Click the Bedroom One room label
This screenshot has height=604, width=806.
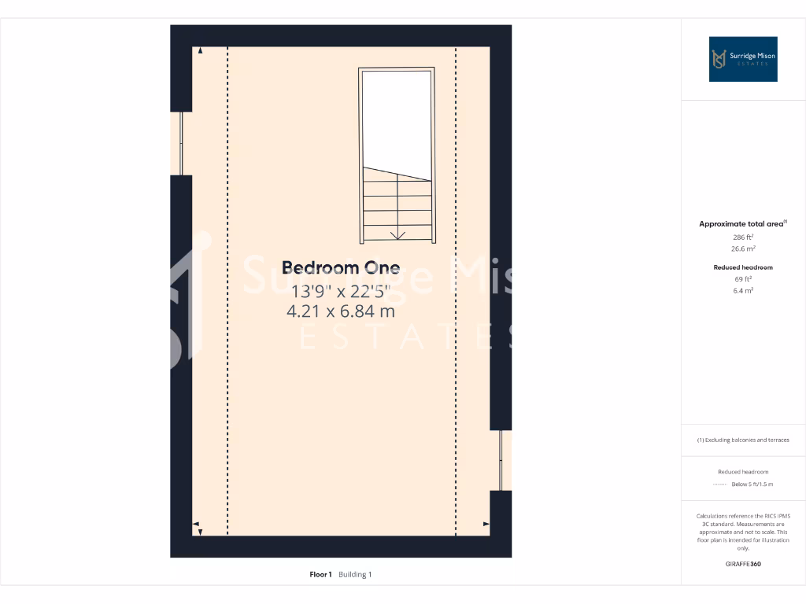coord(340,267)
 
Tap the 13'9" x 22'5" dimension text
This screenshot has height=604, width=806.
coord(340,290)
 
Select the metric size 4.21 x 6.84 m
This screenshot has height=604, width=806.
coord(340,311)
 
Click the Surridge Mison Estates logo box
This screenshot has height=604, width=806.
coord(742,59)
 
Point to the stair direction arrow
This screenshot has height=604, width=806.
coord(397,234)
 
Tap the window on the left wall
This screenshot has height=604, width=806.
coord(182,143)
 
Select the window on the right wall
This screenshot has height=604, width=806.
coord(501,460)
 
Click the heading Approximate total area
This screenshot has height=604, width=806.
coord(741,224)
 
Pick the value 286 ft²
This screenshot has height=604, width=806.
coord(743,237)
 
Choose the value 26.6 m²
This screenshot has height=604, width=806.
coord(743,249)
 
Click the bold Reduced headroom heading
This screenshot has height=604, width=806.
coord(743,267)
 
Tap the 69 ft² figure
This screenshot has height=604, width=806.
coord(743,278)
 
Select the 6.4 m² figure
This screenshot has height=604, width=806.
coord(743,290)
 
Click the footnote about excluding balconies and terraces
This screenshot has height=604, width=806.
coord(743,440)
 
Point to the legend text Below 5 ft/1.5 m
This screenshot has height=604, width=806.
coord(752,484)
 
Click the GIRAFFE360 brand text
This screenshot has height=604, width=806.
coord(743,564)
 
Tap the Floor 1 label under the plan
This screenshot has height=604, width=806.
coord(320,575)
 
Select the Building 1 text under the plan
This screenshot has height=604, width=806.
coord(355,575)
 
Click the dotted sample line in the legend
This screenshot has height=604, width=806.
coord(719,484)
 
